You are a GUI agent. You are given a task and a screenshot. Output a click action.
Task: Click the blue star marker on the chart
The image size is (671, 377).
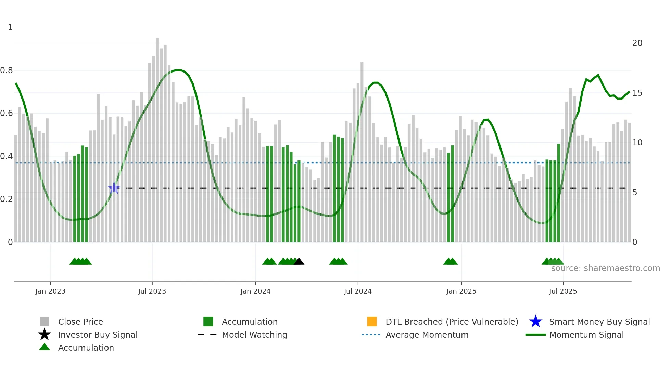[114, 188]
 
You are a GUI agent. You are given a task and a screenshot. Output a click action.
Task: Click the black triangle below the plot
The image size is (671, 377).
[299, 262]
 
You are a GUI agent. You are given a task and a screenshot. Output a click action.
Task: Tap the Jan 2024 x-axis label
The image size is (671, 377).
[255, 291]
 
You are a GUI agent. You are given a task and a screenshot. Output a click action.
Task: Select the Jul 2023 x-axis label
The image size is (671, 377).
[152, 291]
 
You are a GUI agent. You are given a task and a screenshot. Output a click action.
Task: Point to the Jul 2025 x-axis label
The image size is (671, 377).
[563, 291]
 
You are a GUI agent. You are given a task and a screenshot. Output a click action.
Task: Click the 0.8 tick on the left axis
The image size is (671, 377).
[7, 70]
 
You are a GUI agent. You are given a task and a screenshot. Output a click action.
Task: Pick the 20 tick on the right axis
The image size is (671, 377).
[637, 43]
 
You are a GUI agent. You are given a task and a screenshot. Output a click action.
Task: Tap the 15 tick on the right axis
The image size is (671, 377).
[637, 93]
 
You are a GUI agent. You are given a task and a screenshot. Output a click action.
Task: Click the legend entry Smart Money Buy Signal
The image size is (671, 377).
[599, 322]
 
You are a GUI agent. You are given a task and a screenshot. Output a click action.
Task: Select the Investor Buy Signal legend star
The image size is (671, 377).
[45, 335]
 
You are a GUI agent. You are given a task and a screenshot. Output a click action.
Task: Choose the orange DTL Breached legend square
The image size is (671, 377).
[372, 322]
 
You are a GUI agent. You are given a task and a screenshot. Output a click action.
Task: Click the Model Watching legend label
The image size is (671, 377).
[254, 335]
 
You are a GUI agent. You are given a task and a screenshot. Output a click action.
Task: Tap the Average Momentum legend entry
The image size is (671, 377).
[427, 335]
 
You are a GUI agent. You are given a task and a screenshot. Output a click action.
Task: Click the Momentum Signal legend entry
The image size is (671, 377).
[586, 335]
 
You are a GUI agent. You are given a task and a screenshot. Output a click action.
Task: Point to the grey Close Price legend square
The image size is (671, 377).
[45, 322]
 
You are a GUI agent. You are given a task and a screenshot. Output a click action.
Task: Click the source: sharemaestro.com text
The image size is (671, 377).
[605, 268]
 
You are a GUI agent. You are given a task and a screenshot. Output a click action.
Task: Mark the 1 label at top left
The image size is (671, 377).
[10, 27]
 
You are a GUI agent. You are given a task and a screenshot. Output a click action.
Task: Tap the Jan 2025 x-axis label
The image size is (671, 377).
[461, 291]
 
